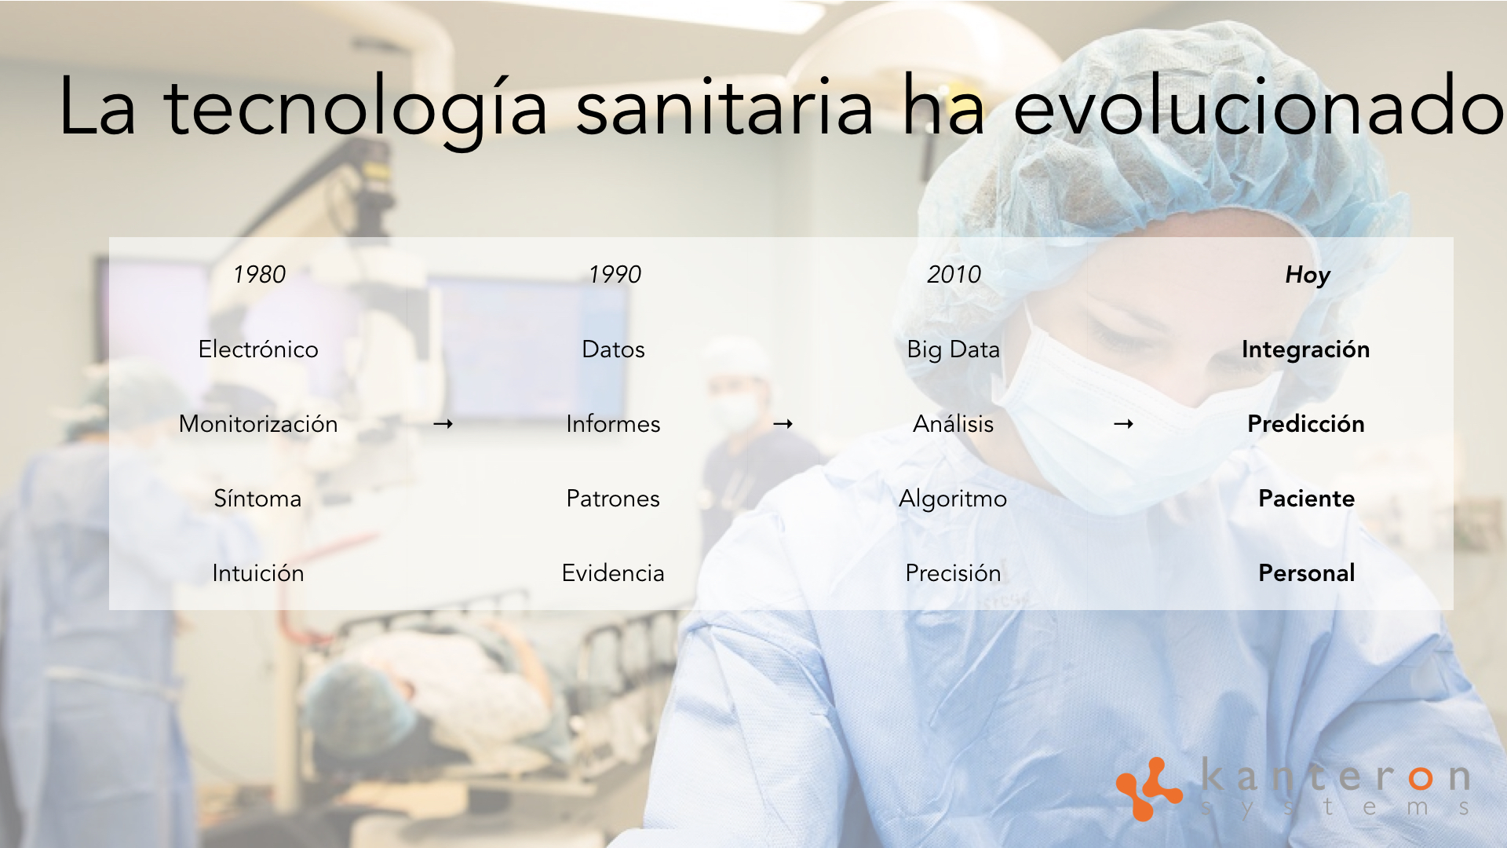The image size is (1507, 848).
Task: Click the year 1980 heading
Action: click(259, 274)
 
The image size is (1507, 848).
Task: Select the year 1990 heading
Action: click(615, 274)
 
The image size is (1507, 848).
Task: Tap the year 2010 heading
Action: click(954, 274)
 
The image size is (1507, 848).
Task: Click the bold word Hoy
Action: click(1307, 274)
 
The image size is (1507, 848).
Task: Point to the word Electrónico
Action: click(258, 349)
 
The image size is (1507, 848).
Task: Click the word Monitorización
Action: click(258, 424)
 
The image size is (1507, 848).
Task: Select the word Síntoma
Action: click(257, 499)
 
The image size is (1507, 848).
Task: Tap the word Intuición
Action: click(258, 573)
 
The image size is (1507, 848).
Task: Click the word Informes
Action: click(613, 424)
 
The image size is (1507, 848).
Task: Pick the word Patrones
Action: click(613, 499)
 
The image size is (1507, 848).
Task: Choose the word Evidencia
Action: click(613, 573)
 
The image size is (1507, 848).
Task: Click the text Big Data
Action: click(953, 349)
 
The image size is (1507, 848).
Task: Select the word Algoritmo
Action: click(953, 499)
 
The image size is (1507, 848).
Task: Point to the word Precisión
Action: click(953, 573)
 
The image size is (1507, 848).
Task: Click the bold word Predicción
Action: click(1306, 424)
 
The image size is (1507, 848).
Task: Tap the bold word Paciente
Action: click(1306, 499)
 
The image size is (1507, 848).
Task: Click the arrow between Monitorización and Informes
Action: click(443, 424)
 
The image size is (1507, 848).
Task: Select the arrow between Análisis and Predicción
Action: click(1124, 424)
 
